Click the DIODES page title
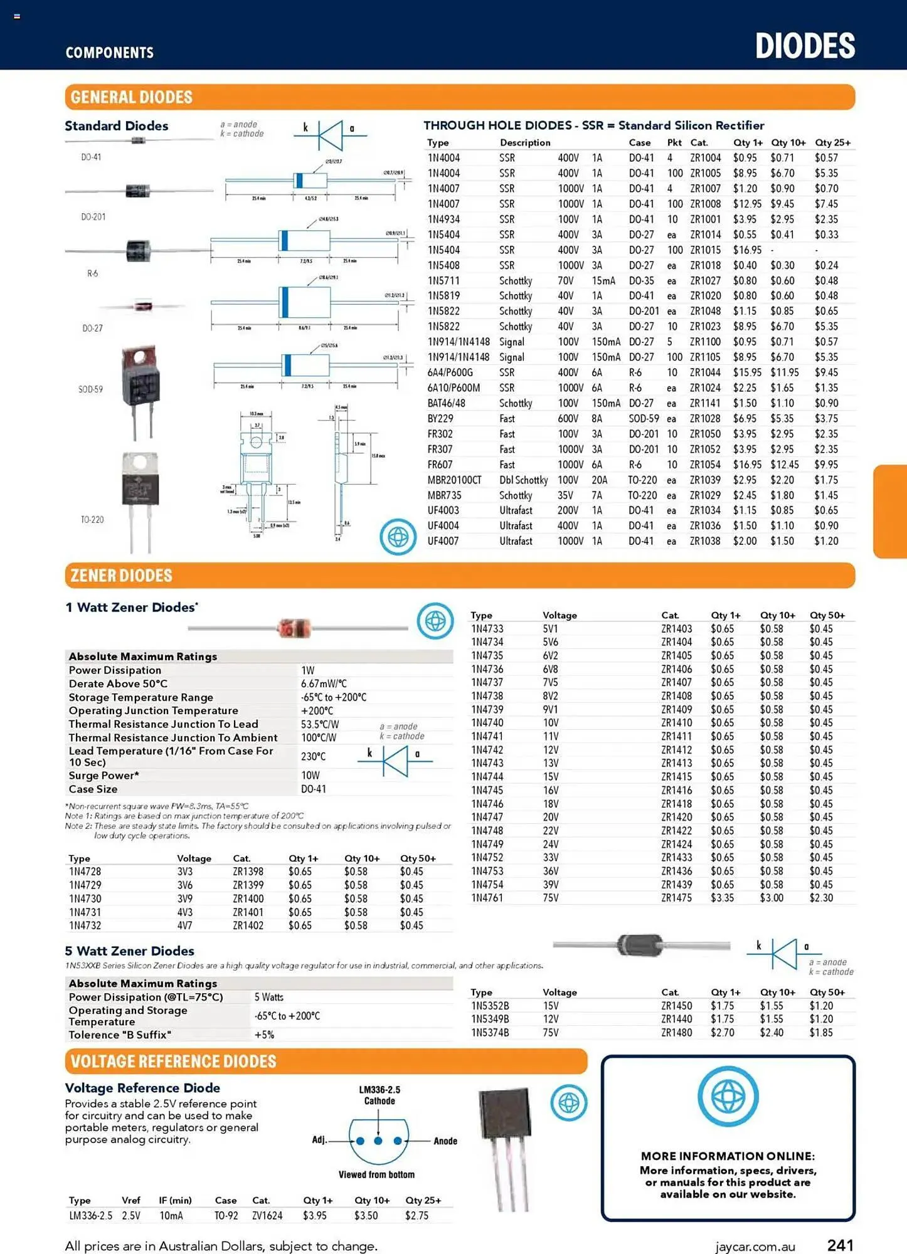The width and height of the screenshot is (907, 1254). pyautogui.click(x=805, y=46)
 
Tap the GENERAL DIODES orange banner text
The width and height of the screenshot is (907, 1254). pyautogui.click(x=131, y=97)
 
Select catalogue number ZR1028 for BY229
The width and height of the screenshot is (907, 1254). pyautogui.click(x=705, y=419)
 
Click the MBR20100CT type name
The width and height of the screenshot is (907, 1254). pyautogui.click(x=454, y=480)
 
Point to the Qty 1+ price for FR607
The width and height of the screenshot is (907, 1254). pyautogui.click(x=746, y=465)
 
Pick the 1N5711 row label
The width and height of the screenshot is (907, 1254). pyautogui.click(x=443, y=281)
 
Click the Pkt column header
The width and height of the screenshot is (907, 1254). pyautogui.click(x=674, y=143)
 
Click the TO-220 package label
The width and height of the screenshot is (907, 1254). pyautogui.click(x=92, y=520)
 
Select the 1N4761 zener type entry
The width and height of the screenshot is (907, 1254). pyautogui.click(x=487, y=898)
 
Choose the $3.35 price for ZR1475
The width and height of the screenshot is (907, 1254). pyautogui.click(x=722, y=898)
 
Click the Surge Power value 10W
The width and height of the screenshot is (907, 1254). pyautogui.click(x=310, y=776)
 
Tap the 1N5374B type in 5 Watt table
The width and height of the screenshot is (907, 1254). pyautogui.click(x=490, y=1033)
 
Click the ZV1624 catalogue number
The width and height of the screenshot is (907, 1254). pyautogui.click(x=267, y=1216)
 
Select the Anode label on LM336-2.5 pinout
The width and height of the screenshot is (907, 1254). pyautogui.click(x=445, y=1141)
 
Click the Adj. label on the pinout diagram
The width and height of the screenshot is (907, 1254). pyautogui.click(x=319, y=1140)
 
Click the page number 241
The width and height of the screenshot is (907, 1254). pyautogui.click(x=840, y=1245)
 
